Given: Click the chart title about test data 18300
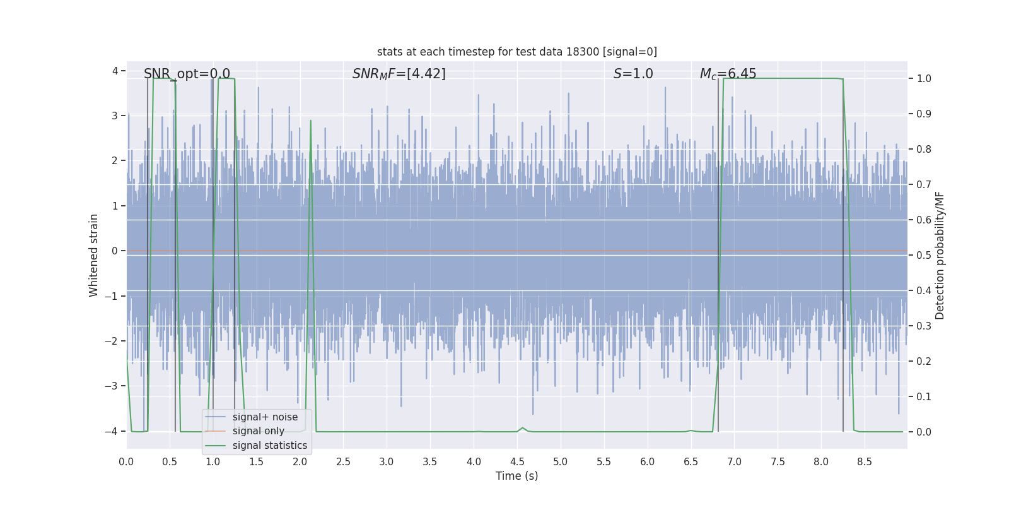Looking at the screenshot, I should pyautogui.click(x=516, y=52).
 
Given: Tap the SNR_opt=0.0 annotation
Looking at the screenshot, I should pyautogui.click(x=187, y=74).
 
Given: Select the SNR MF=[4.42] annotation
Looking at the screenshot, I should pyautogui.click(x=399, y=74).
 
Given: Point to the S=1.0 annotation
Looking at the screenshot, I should pyautogui.click(x=633, y=74).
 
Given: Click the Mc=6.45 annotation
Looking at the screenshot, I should pyautogui.click(x=728, y=74).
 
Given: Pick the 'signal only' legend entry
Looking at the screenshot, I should pyautogui.click(x=258, y=431).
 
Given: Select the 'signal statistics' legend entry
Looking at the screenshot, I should pyautogui.click(x=269, y=446).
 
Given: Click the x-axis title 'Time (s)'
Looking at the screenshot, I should pyautogui.click(x=516, y=476).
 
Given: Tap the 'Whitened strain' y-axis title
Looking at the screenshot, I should pyautogui.click(x=94, y=255).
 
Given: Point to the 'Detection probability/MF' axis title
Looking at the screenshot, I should pyautogui.click(x=940, y=255).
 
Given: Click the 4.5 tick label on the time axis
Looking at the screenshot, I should pyautogui.click(x=516, y=462).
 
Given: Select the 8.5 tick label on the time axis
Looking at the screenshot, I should pyautogui.click(x=864, y=462).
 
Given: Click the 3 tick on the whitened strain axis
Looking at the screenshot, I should pyautogui.click(x=115, y=116).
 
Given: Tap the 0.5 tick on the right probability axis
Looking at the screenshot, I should pyautogui.click(x=923, y=255).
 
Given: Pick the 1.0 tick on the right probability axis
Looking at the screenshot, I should pyautogui.click(x=923, y=79).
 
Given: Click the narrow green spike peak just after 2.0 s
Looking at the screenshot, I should pyautogui.click(x=310, y=121).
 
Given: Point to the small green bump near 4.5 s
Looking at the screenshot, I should pyautogui.click(x=522, y=428).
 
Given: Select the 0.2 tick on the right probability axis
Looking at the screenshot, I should pyautogui.click(x=923, y=361).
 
